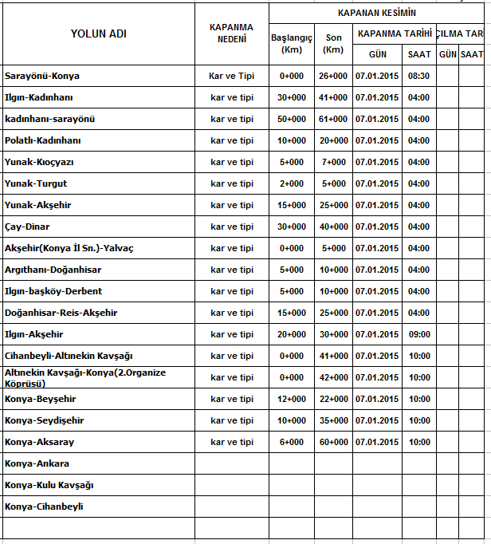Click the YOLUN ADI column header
(x=98, y=34)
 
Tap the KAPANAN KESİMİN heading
(x=376, y=13)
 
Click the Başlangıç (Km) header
(x=291, y=43)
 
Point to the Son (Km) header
(x=333, y=43)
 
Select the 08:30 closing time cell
(x=418, y=76)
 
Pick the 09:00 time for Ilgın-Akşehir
(x=418, y=334)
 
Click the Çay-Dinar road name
(x=27, y=227)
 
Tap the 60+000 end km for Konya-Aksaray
(x=333, y=442)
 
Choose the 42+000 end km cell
(x=333, y=377)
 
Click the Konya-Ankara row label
(x=37, y=463)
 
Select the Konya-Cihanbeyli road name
(x=44, y=507)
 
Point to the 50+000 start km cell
(x=291, y=119)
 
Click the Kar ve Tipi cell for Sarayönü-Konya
(x=231, y=76)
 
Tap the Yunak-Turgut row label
(x=36, y=183)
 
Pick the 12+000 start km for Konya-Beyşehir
(x=291, y=399)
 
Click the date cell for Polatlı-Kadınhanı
(x=377, y=140)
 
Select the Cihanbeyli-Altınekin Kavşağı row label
(x=69, y=356)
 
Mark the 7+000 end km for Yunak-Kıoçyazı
(x=334, y=162)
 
